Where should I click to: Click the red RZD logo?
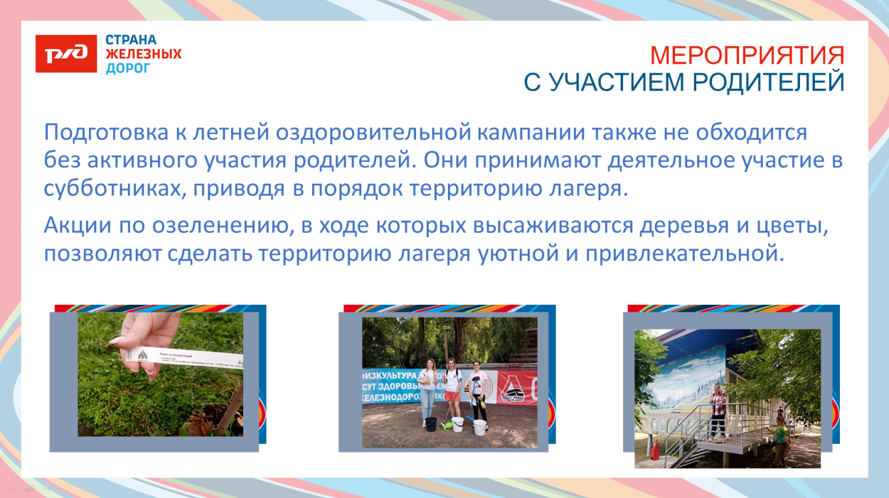point(65,54)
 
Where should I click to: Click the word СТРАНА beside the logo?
point(131,40)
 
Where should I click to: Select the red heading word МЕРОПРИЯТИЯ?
point(747,55)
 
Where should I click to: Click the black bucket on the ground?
point(431,423)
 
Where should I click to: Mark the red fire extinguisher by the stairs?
point(654,452)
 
